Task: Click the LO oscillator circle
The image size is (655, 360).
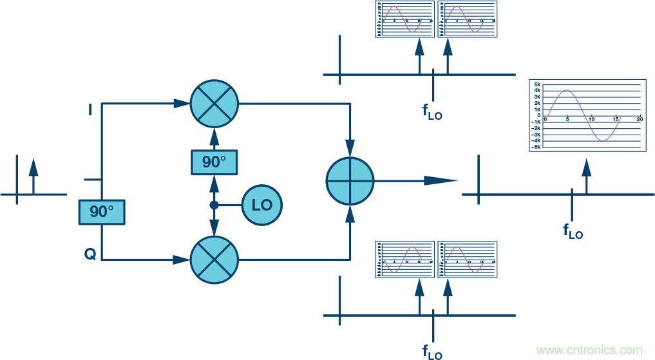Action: tap(262, 205)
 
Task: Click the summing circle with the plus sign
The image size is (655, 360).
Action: tap(350, 182)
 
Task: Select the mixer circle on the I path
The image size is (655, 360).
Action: tap(214, 103)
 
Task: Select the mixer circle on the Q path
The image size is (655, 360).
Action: tap(214, 260)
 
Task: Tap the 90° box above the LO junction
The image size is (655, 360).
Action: tap(214, 162)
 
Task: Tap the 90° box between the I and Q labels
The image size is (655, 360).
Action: tap(102, 212)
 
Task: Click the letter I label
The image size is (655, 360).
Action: tap(90, 111)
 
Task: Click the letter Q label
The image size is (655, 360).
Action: tap(90, 254)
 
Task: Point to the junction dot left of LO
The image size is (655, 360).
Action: tap(214, 205)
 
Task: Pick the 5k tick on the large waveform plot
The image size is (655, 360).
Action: tap(536, 85)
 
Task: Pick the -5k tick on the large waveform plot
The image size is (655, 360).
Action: tap(535, 147)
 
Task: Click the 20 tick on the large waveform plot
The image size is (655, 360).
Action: tap(639, 120)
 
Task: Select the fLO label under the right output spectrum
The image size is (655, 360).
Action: tap(573, 231)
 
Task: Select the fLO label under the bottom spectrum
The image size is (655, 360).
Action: tap(432, 352)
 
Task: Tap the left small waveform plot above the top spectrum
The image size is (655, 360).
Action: tap(404, 19)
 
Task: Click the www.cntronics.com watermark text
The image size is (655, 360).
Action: tap(589, 350)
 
